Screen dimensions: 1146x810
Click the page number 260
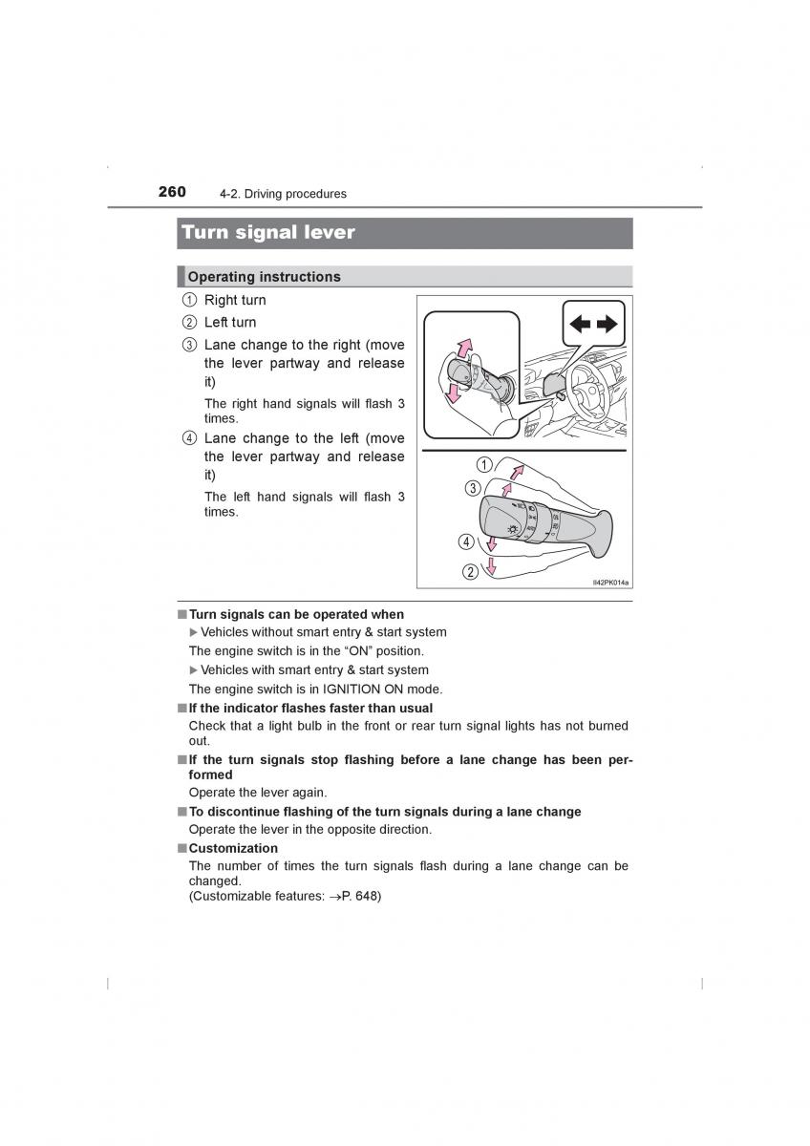[x=172, y=192]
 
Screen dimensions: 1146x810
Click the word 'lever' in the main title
[x=326, y=232]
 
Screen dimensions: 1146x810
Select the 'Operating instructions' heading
[x=264, y=277]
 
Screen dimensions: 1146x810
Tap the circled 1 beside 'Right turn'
[x=189, y=301]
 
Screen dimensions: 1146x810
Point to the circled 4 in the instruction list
[x=189, y=439]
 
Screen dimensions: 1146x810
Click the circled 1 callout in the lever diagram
[x=484, y=465]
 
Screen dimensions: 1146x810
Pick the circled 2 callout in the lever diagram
[x=470, y=572]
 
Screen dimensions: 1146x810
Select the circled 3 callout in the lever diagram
[x=472, y=488]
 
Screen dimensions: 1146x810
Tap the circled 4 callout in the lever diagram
[x=466, y=541]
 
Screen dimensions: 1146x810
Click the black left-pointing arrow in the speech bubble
[x=580, y=324]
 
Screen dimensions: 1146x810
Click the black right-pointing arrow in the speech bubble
[x=607, y=324]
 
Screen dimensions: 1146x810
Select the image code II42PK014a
[x=611, y=582]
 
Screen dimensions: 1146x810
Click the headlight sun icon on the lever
[x=514, y=527]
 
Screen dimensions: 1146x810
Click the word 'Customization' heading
[x=233, y=848]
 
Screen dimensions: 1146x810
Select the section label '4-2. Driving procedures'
[x=283, y=194]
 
